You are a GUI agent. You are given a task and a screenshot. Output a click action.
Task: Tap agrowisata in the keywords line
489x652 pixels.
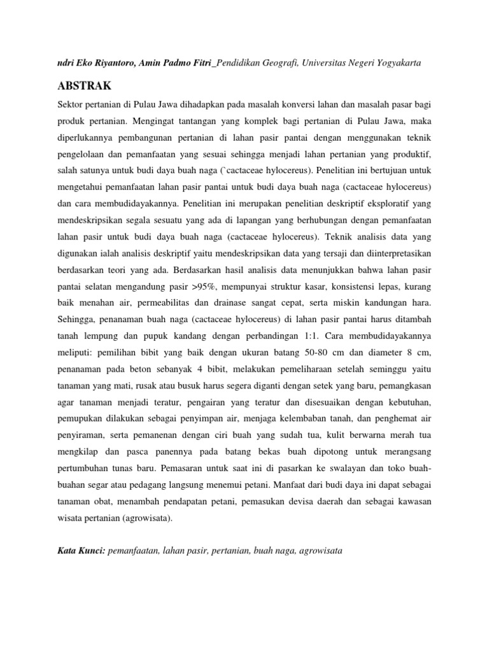pyautogui.click(x=320, y=547)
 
